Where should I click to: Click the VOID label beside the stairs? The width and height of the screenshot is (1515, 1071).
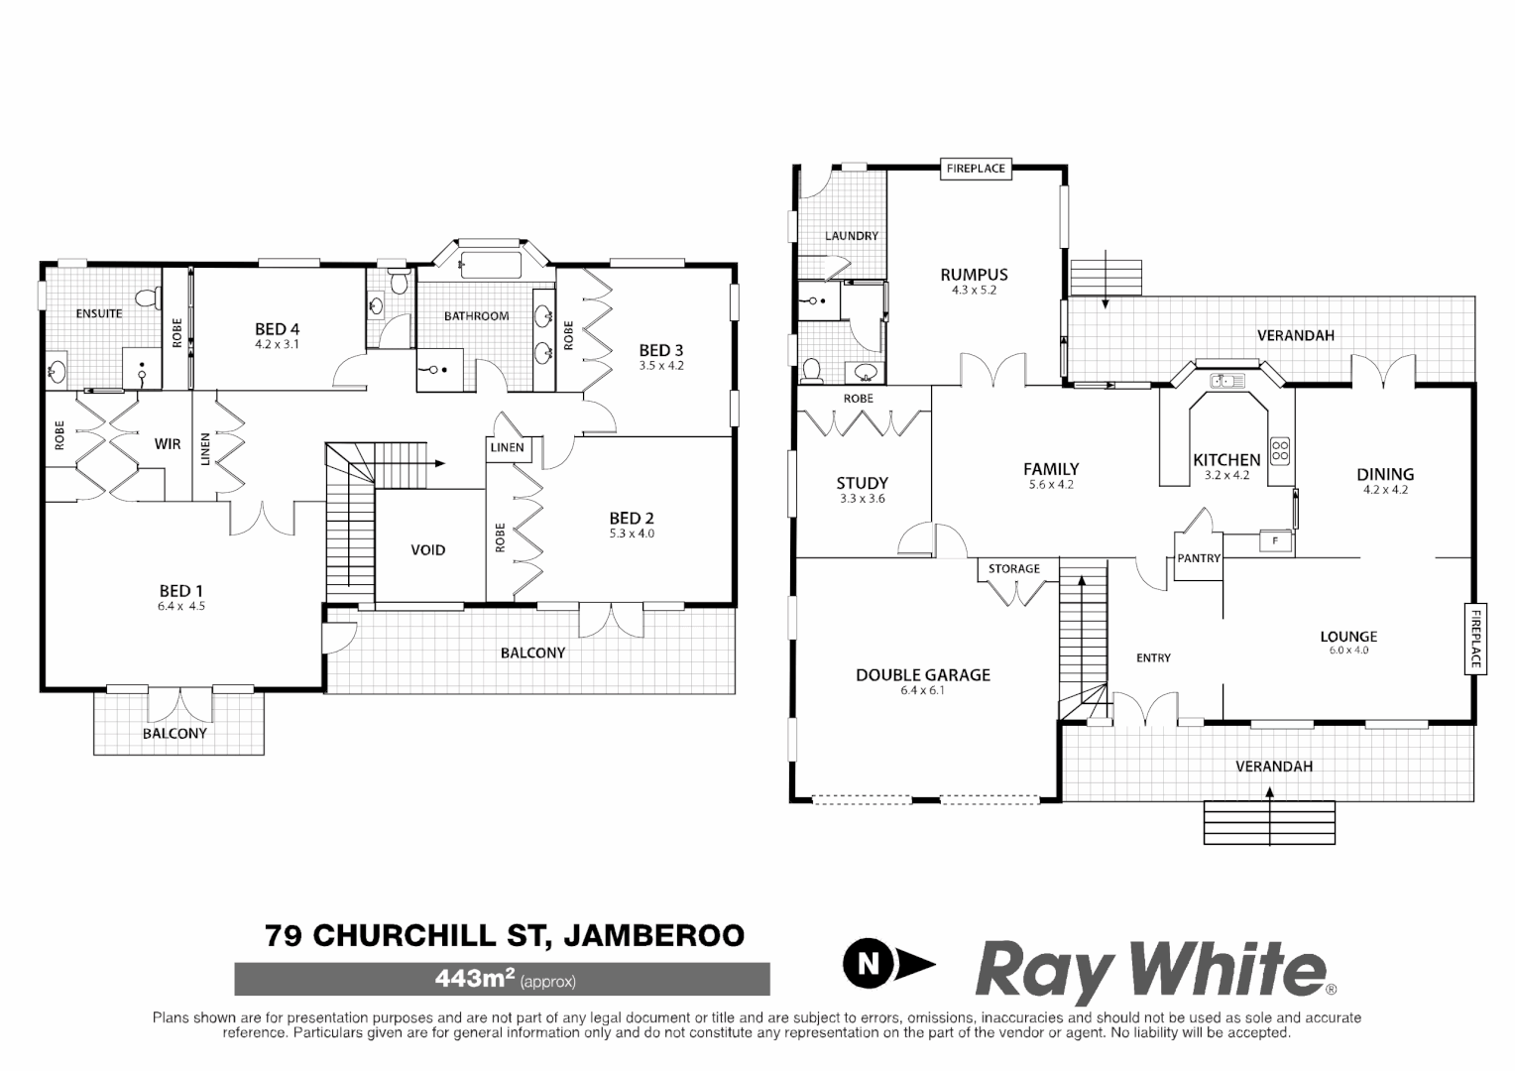[x=428, y=550]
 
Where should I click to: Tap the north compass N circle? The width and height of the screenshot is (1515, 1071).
[x=870, y=962]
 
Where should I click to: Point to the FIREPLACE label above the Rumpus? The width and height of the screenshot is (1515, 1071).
[x=976, y=169]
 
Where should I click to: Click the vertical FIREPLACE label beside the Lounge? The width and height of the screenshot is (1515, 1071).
[x=1474, y=638]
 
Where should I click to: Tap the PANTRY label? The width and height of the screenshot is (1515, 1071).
[x=1199, y=558]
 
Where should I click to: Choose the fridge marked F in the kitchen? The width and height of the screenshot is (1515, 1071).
[x=1275, y=541]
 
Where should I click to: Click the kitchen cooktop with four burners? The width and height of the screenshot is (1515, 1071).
[x=1279, y=451]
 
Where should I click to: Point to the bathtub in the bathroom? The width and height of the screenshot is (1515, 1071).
[x=490, y=265]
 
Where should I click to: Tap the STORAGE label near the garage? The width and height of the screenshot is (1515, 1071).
[x=1014, y=568]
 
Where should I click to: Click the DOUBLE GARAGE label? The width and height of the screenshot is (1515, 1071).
[x=923, y=675]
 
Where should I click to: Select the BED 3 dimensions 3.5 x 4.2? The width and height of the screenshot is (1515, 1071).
[x=661, y=365]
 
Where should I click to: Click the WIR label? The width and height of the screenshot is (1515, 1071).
[x=168, y=443]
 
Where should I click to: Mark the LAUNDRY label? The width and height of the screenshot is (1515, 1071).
[x=852, y=236]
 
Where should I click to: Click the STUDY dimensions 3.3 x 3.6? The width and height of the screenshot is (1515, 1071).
[x=862, y=499]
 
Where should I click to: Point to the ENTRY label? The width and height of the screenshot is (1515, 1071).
[x=1153, y=657]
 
